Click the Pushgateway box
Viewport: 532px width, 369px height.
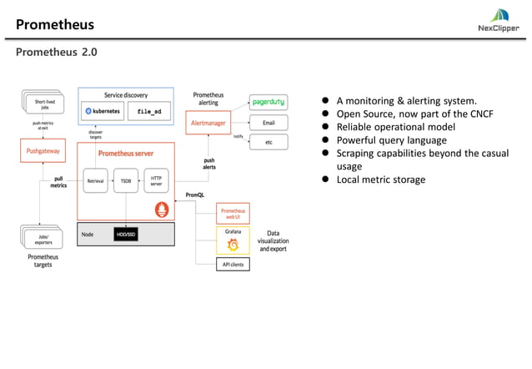tap(42, 152)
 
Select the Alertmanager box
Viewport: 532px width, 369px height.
tap(206, 123)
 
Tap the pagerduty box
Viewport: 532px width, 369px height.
tap(269, 102)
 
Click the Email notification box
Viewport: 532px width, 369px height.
tap(269, 122)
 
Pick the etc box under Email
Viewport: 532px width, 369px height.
tap(269, 142)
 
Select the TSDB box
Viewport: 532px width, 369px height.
tap(125, 180)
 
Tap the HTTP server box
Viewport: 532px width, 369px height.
tap(156, 180)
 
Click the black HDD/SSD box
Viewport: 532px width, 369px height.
tap(125, 235)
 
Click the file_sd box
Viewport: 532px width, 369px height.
tap(149, 111)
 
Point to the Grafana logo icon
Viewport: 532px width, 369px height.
tap(233, 245)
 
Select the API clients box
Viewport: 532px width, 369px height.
tap(233, 265)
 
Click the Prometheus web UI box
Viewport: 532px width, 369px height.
tap(233, 212)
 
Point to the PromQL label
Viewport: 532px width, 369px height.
tap(195, 195)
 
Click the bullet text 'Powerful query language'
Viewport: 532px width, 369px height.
tap(391, 140)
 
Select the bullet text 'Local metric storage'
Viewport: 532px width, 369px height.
tap(380, 179)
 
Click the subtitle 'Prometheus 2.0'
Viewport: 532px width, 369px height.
tap(56, 52)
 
